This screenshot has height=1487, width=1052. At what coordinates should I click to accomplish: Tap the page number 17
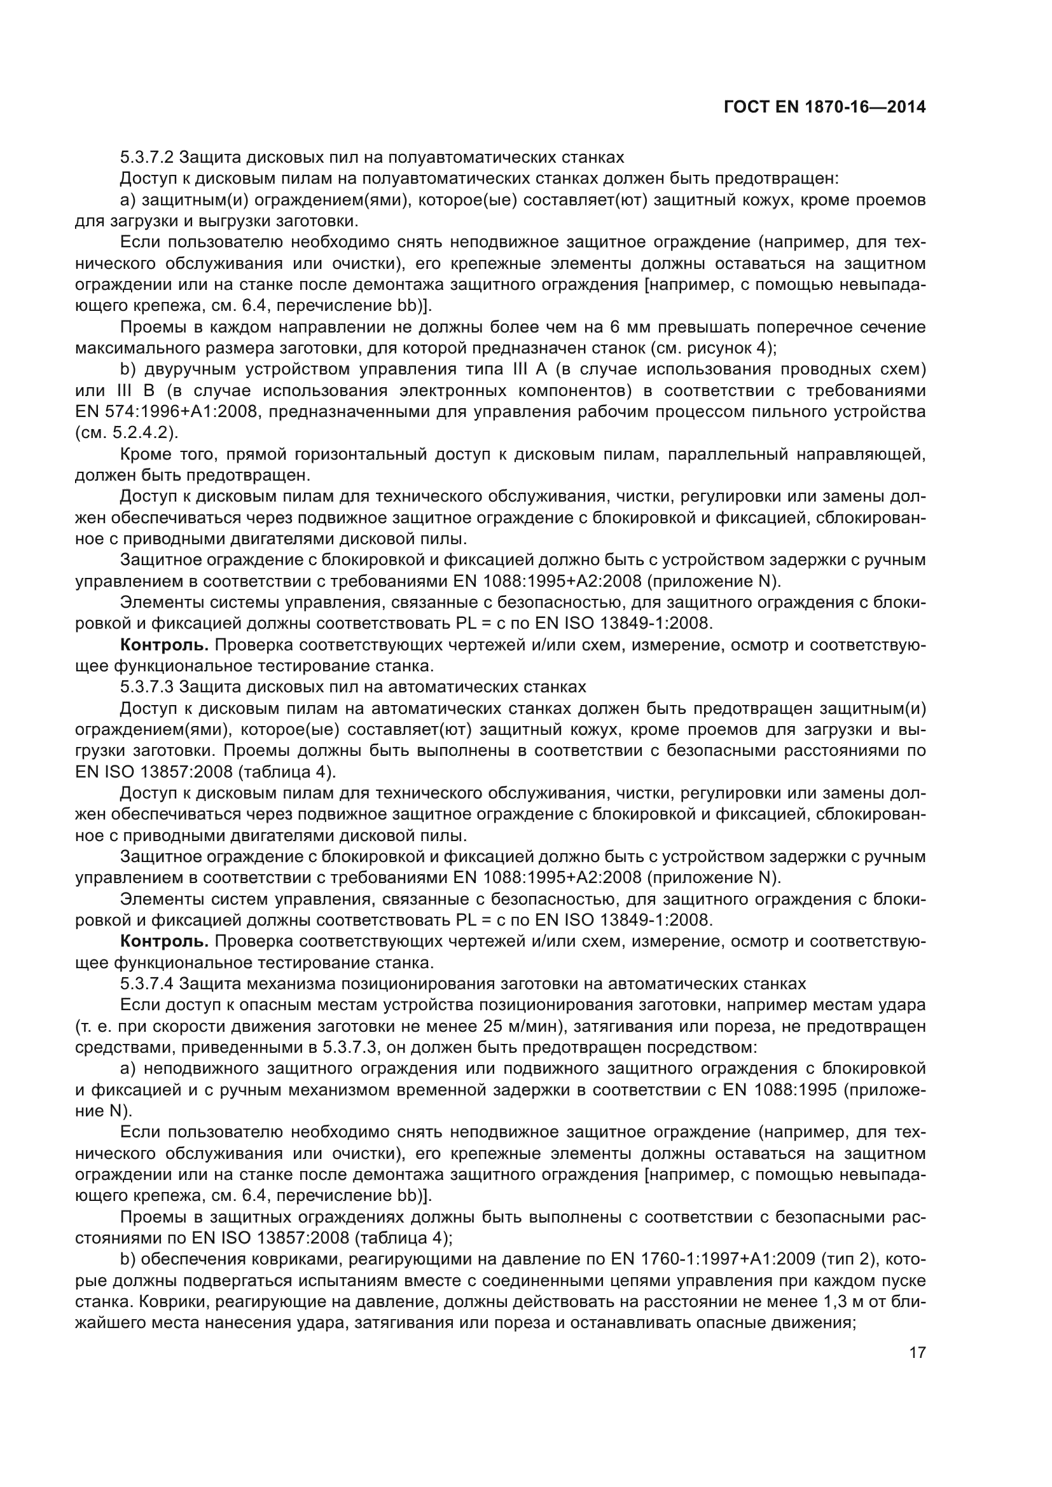tap(917, 1352)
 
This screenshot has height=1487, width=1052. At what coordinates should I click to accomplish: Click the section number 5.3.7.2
tap(147, 158)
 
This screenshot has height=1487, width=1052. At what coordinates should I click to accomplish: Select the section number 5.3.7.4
tap(147, 983)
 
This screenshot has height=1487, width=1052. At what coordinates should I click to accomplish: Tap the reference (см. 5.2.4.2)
tap(127, 433)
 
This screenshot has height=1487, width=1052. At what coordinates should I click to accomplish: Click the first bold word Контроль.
tap(164, 645)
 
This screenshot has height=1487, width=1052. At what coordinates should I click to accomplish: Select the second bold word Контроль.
tap(164, 941)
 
